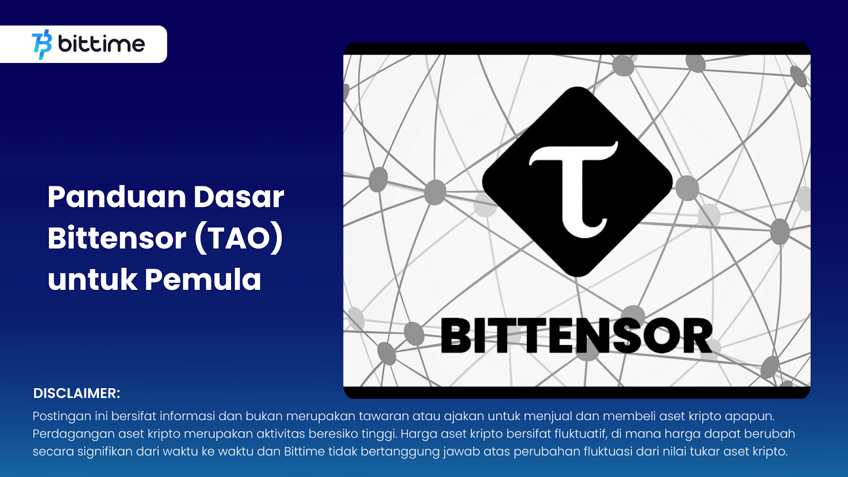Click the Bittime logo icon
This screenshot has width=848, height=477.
(x=42, y=45)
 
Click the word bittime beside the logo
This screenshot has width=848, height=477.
(x=101, y=44)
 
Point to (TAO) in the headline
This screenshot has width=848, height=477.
(x=239, y=239)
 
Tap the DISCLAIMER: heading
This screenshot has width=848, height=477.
(x=76, y=393)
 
